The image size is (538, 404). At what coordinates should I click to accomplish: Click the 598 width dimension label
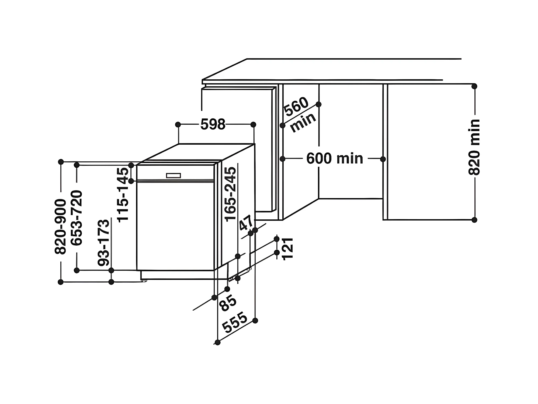[x=213, y=124]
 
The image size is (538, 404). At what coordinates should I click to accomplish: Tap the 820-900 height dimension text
[x=60, y=227]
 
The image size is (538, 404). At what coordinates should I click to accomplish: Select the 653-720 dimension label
[x=77, y=218]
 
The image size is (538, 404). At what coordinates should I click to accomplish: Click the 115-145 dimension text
[x=123, y=195]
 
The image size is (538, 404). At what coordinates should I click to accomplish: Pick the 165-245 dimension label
[x=230, y=194]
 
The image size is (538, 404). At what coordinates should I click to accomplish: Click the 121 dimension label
[x=287, y=249]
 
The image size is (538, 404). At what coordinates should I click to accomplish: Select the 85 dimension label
[x=228, y=303]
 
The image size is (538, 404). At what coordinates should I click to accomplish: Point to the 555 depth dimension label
[x=235, y=322]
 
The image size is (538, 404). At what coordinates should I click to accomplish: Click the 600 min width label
[x=335, y=158]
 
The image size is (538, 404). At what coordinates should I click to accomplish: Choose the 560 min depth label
[x=300, y=115]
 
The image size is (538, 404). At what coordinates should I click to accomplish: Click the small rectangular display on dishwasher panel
[x=173, y=176]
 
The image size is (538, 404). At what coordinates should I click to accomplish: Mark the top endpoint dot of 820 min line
[x=474, y=86]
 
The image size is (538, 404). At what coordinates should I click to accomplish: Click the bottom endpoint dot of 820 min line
[x=474, y=220]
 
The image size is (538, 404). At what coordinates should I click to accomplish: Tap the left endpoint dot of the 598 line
[x=178, y=125]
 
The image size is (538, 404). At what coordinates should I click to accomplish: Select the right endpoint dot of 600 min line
[x=383, y=159]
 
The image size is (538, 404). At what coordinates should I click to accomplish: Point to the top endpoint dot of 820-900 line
[x=61, y=162]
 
